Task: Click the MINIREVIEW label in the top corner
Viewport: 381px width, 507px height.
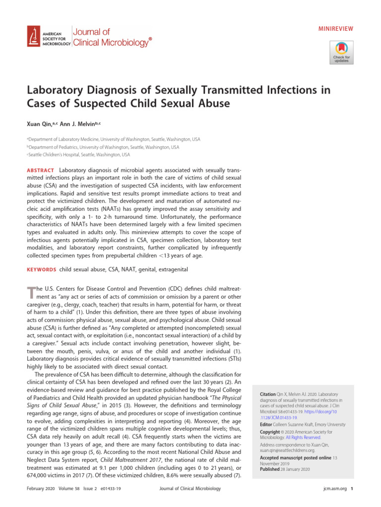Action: coord(335,29)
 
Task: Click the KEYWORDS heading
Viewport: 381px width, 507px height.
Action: coord(41,269)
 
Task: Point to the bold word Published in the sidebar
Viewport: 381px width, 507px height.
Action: coord(270,469)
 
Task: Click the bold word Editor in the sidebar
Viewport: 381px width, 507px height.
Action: coord(267,425)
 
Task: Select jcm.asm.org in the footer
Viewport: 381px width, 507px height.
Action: coord(333,489)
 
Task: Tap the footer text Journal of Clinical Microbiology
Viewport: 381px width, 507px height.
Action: coord(190,489)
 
